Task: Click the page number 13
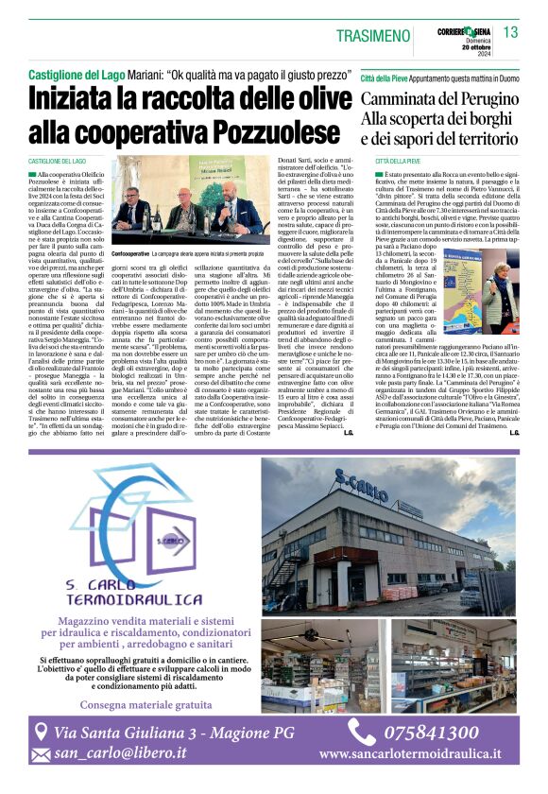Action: pyautogui.click(x=510, y=33)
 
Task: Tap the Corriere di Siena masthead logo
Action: pyautogui.click(x=464, y=30)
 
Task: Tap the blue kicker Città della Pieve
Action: pyautogui.click(x=390, y=73)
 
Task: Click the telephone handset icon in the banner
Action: pyautogui.click(x=361, y=732)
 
